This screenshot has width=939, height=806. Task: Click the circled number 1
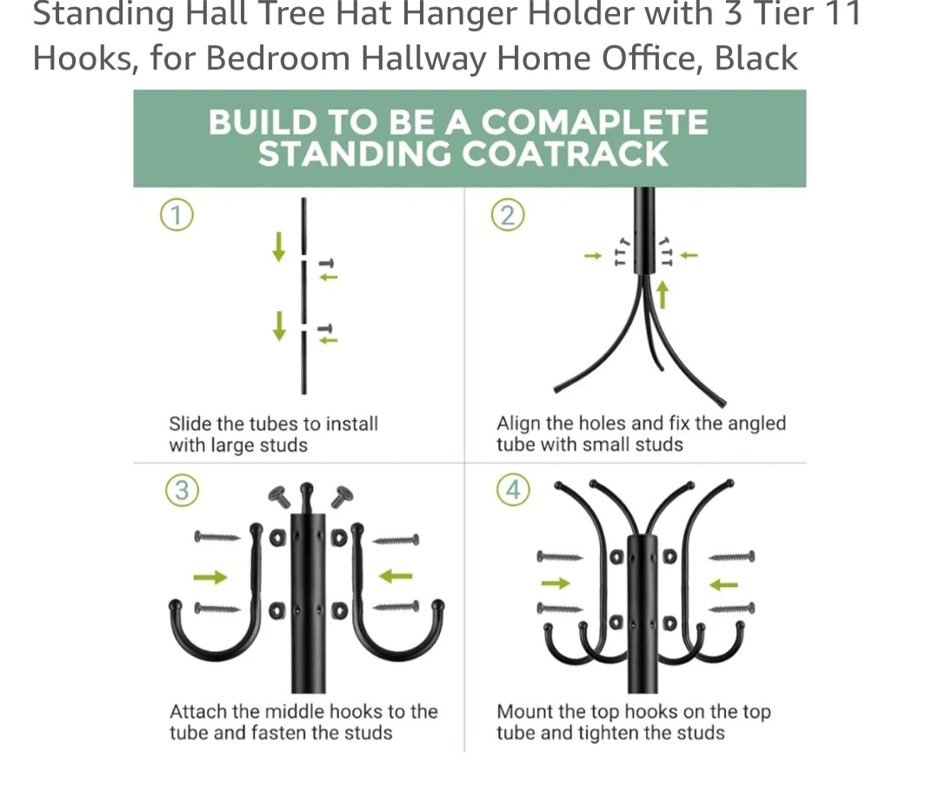(x=176, y=215)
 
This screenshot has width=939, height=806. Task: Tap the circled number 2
(x=508, y=215)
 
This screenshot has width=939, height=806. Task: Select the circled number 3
(x=182, y=490)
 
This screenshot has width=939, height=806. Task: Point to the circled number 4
(x=513, y=490)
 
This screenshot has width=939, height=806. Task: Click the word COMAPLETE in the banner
(x=595, y=122)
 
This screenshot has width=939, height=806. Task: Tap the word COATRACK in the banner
(x=565, y=154)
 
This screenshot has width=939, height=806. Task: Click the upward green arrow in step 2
(x=663, y=295)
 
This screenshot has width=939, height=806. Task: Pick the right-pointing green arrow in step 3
(x=210, y=577)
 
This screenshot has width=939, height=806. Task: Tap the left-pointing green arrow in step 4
(x=723, y=584)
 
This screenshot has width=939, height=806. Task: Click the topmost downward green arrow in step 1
(x=278, y=247)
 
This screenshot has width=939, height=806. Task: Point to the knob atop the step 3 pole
(x=307, y=491)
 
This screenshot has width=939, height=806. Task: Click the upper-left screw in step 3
(x=217, y=537)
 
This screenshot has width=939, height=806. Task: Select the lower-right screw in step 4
(x=732, y=609)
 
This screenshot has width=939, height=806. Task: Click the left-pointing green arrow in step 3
(x=396, y=576)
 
